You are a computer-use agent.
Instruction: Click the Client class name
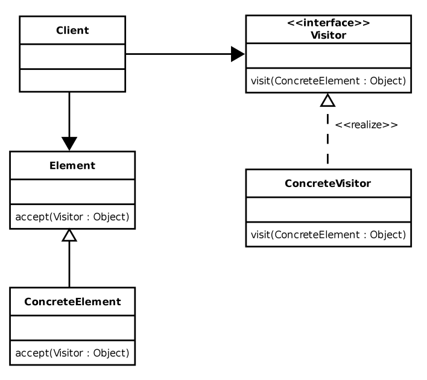tap(72, 30)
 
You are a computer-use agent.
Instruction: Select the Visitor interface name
tap(329, 35)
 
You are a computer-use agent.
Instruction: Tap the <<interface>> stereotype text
tap(329, 23)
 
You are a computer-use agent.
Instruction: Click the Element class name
tap(72, 165)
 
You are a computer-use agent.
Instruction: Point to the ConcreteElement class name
tap(72, 302)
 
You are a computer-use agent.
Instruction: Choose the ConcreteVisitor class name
tap(328, 183)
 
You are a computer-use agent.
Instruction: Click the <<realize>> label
tap(366, 125)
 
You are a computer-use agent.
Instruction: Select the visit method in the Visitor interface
tap(329, 81)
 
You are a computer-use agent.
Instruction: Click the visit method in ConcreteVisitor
tap(329, 235)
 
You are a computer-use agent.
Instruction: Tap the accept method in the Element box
tap(72, 217)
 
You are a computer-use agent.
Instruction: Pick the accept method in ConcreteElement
tap(72, 353)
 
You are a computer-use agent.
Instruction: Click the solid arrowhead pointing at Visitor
tap(238, 54)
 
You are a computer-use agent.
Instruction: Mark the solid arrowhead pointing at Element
tap(69, 144)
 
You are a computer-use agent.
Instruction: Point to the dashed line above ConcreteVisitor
tap(327, 139)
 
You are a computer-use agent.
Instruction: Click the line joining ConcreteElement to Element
tap(69, 264)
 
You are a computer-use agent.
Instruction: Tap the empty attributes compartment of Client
tap(72, 56)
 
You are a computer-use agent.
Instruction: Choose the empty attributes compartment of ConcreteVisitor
tap(329, 210)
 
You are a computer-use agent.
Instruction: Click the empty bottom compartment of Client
tap(72, 80)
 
